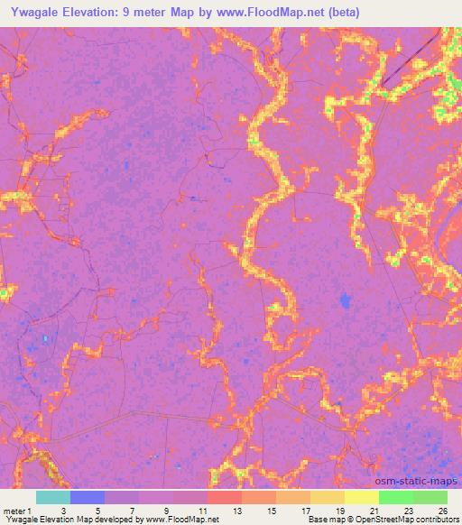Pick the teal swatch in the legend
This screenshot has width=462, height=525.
[52, 497]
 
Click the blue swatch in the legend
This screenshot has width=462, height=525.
[87, 497]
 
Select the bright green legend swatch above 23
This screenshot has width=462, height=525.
[395, 497]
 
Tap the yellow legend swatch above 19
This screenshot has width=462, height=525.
[361, 497]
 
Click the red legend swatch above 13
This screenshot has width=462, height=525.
[224, 497]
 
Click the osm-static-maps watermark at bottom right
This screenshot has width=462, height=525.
[421, 480]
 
